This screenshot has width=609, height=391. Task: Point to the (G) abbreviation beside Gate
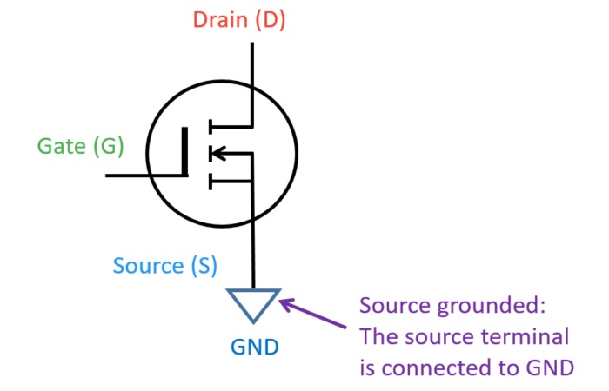point(107,146)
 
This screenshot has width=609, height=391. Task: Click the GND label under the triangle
point(254,347)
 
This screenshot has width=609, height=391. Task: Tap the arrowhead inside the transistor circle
point(217,154)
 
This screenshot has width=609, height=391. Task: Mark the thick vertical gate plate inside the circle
point(185,151)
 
